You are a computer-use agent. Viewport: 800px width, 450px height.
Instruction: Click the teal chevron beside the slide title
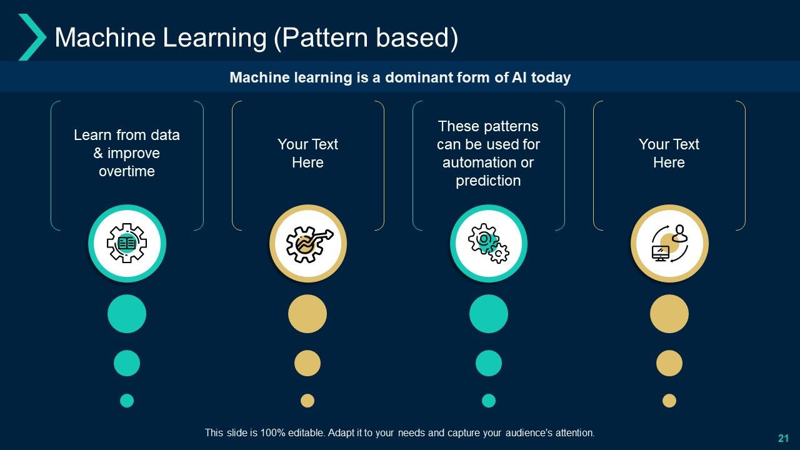pos(32,37)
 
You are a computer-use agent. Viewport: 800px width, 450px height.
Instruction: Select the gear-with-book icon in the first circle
pos(127,243)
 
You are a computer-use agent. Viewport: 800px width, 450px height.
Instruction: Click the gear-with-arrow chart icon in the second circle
pos(308,243)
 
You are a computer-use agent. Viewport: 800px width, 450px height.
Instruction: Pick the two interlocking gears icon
pos(489,243)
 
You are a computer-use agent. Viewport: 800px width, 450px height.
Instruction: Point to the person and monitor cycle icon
pos(669,243)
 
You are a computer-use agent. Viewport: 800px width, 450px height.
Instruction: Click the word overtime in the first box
pos(127,171)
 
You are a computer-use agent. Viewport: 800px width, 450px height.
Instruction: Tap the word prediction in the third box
pos(488,181)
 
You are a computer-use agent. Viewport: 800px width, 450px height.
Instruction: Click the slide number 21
pos(783,438)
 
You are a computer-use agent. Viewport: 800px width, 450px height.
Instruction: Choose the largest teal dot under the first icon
pos(127,314)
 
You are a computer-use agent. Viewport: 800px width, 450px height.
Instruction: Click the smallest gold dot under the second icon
pos(307,401)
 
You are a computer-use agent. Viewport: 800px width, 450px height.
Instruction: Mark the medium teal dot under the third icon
pos(489,363)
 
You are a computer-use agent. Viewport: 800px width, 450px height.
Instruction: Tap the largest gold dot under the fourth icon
pos(669,314)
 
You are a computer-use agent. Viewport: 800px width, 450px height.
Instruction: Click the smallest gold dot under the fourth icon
pos(669,401)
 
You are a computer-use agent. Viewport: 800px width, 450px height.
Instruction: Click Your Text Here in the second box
pos(308,153)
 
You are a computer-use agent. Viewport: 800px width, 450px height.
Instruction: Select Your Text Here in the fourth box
pos(669,153)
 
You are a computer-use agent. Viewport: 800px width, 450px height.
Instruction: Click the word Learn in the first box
pos(91,135)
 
